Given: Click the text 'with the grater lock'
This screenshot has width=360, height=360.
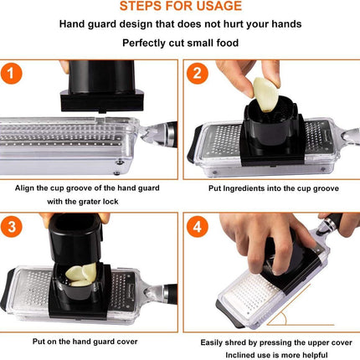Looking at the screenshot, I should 90,202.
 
